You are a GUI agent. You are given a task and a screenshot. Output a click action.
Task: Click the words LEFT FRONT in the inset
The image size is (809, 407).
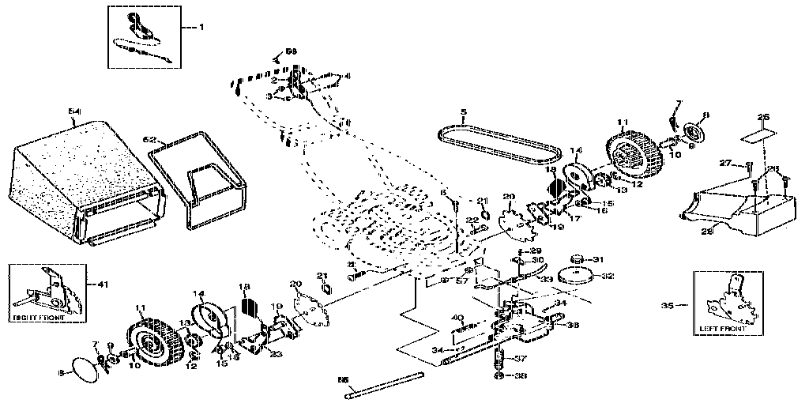click(722, 328)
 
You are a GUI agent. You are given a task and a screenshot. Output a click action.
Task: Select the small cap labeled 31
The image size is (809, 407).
click(576, 259)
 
